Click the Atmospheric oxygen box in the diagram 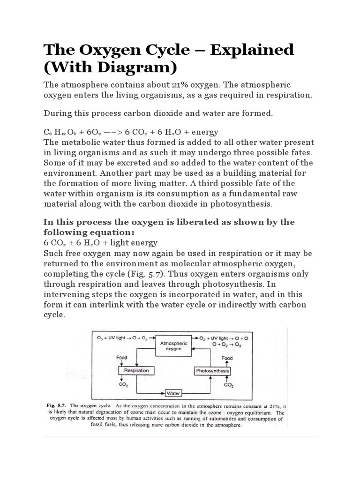[174, 346]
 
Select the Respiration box [136, 370]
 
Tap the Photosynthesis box [212, 371]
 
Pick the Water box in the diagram [173, 393]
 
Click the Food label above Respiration [122, 358]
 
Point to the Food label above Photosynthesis [227, 358]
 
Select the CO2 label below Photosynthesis [229, 385]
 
